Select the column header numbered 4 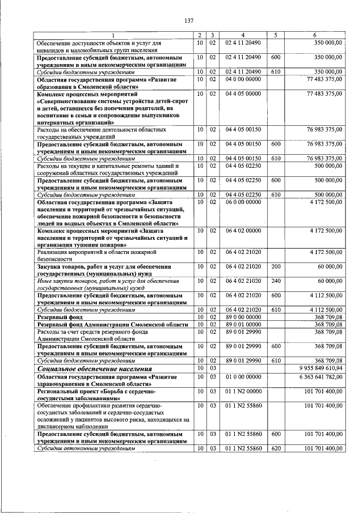coord(243,35)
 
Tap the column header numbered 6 coord(315,35)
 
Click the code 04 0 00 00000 coord(243,79)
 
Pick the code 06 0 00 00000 coord(243,201)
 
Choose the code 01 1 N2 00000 coord(243,391)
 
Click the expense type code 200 coord(276,266)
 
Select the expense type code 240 coord(276,280)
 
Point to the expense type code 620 coord(276,448)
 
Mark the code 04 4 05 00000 coord(243,94)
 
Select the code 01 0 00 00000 coord(243,376)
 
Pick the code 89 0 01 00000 coord(243,324)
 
